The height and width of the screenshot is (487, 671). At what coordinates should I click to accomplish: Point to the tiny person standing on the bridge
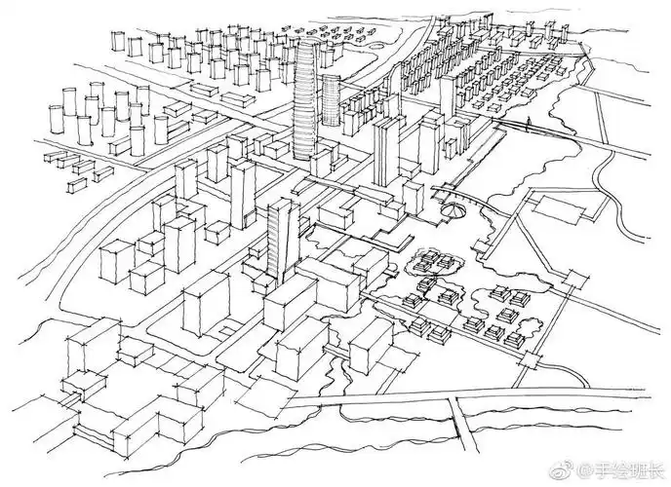(x=531, y=124)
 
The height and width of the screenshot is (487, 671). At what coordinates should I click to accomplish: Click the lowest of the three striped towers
(x=281, y=234)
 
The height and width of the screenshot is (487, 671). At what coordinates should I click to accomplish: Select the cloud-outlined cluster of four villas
(x=437, y=262)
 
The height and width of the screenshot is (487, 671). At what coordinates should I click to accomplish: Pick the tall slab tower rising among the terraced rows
(x=447, y=98)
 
